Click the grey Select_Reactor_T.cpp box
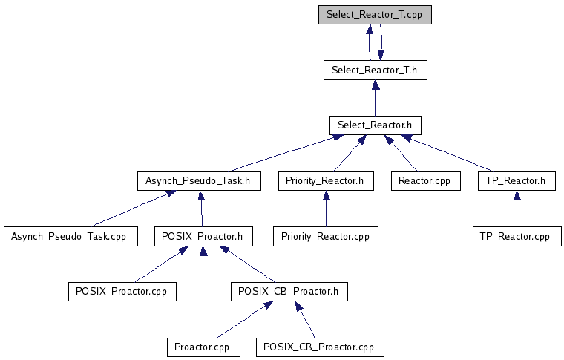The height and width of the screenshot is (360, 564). pos(375,15)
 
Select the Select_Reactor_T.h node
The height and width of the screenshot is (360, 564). pos(375,71)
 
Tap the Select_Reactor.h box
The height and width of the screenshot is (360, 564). pos(375,125)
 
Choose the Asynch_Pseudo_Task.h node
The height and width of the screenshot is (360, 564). pos(199,180)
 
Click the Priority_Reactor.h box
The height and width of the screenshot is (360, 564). pos(325,180)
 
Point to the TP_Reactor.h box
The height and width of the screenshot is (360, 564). pos(517,180)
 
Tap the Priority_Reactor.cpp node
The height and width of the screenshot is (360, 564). pos(325,237)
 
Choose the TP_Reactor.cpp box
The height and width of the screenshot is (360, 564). pos(517,237)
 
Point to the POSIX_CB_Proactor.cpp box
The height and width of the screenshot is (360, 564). pos(315,347)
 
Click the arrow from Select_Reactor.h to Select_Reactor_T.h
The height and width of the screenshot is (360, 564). pos(375,98)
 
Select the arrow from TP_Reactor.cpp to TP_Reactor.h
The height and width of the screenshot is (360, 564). pos(517,209)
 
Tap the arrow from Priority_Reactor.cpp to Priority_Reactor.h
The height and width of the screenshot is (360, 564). pos(325,209)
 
